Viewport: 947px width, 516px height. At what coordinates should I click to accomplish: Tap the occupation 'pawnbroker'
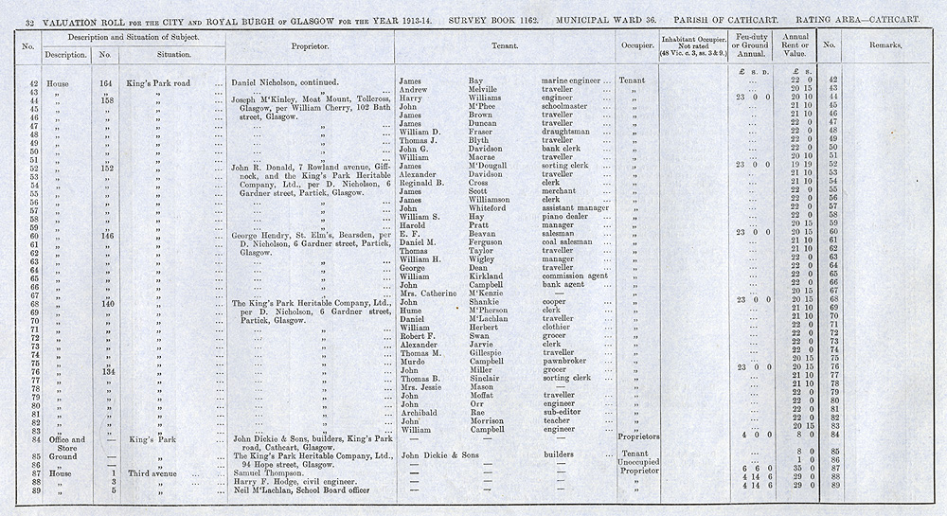(x=565, y=361)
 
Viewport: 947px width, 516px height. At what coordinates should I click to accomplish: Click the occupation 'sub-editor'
(x=562, y=411)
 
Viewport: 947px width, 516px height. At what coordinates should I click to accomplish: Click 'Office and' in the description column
(x=65, y=438)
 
